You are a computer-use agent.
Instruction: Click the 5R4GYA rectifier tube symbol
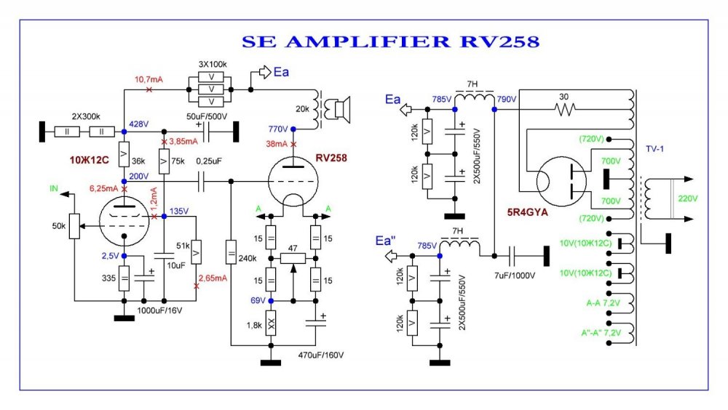click(561, 182)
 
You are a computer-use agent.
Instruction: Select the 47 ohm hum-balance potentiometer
click(293, 257)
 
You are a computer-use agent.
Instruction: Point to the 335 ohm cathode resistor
click(124, 278)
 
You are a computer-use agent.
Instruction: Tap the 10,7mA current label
click(149, 79)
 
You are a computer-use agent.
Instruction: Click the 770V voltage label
click(278, 129)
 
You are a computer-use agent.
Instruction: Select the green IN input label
click(53, 188)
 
